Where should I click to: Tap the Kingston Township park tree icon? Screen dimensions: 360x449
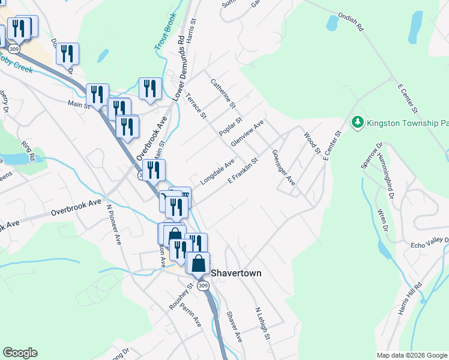coord(358,122)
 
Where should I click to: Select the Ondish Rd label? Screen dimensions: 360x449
coord(351,24)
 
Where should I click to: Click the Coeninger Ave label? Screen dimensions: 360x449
coord(283,167)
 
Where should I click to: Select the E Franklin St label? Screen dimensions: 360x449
coord(243,171)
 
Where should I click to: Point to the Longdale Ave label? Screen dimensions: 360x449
coord(217,173)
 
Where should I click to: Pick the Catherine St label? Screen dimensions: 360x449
coord(221,93)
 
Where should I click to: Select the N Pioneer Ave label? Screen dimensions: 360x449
coord(113,224)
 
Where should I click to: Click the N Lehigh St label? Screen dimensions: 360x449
coord(262,325)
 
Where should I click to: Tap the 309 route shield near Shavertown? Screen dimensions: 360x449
coord(203,286)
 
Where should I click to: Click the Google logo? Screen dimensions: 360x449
coord(20,353)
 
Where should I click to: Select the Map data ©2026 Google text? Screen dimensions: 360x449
coord(412,355)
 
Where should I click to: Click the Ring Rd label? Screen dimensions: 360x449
coord(28,148)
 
